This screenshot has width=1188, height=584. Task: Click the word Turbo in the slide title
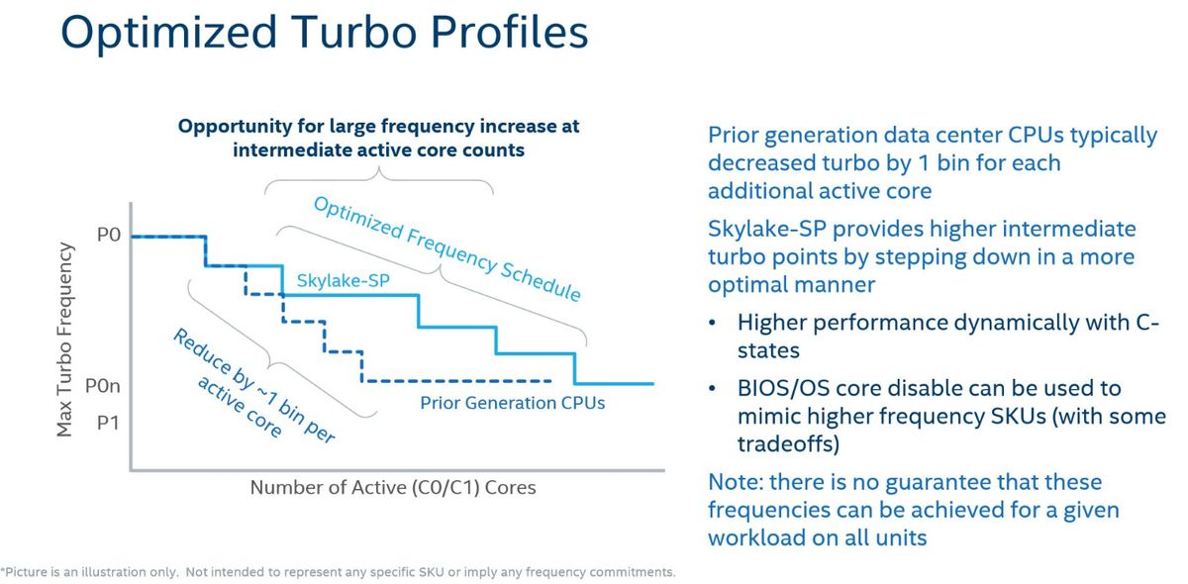[354, 32]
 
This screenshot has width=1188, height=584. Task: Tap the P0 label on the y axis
[109, 235]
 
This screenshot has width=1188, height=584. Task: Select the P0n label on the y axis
[103, 386]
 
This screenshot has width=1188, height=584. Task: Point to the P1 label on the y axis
[108, 423]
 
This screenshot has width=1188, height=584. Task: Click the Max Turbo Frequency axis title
[64, 340]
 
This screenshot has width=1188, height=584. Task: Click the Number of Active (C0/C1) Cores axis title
[393, 487]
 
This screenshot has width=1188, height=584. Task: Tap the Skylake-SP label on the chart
[344, 280]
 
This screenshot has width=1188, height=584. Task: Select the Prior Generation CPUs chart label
[513, 403]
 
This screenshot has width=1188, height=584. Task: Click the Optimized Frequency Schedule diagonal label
[447, 248]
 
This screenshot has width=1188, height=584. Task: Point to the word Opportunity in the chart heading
[235, 127]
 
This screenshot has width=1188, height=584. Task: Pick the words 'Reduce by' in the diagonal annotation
[214, 359]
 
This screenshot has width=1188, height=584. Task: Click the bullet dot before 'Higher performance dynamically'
[712, 323]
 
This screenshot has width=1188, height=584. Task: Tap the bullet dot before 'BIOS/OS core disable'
[712, 389]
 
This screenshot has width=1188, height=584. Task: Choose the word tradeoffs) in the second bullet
[789, 444]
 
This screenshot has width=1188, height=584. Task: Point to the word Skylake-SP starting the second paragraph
[767, 230]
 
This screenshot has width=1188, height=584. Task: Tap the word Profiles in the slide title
[509, 32]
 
